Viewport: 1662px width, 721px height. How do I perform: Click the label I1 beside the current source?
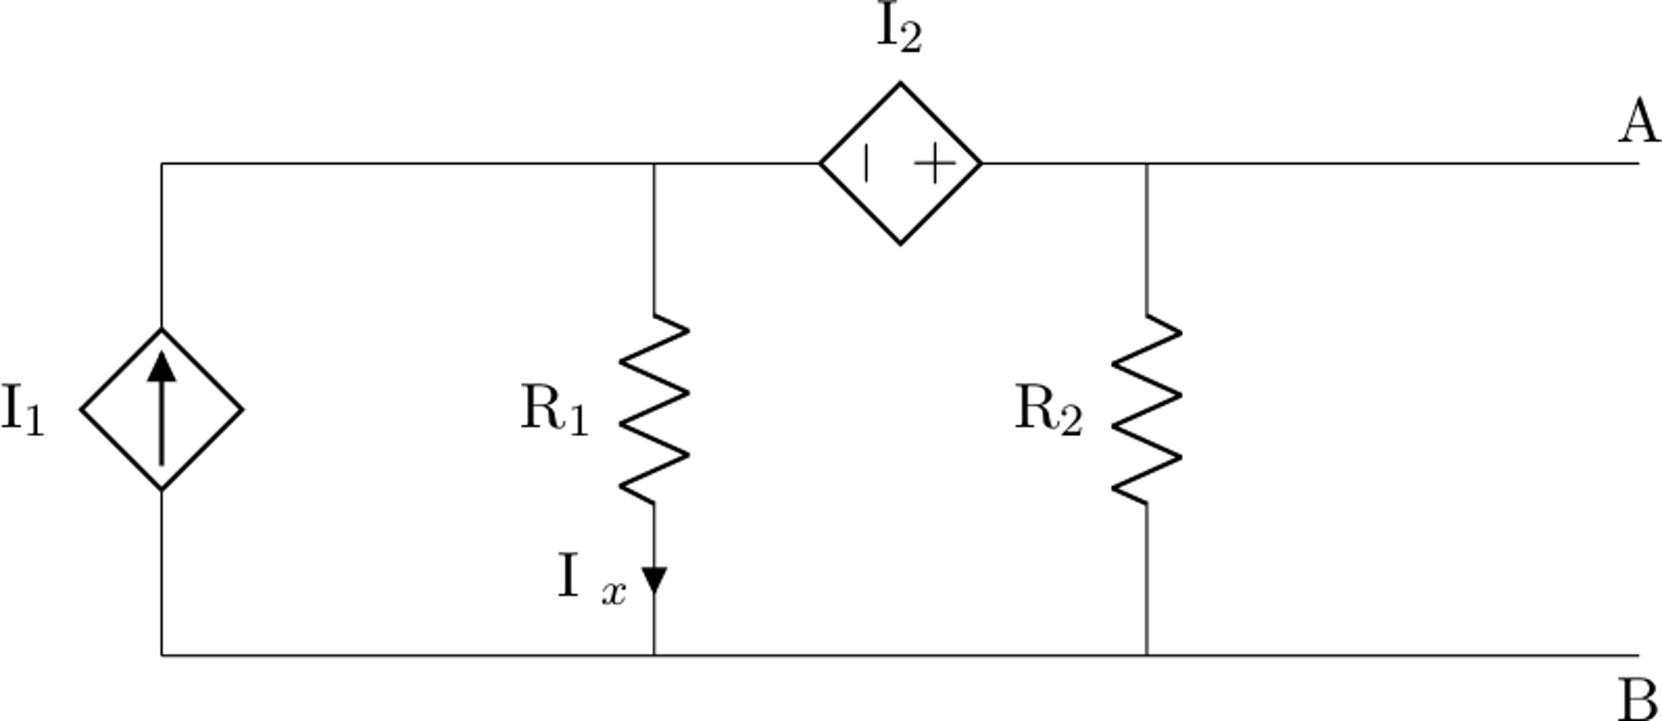point(22,410)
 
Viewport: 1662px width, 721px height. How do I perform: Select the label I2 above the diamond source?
point(899,30)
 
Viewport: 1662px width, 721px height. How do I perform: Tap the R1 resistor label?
point(554,409)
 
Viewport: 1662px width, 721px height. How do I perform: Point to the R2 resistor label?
point(1048,410)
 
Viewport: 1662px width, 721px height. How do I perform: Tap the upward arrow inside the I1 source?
point(162,406)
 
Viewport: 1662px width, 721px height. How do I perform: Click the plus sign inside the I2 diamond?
point(935,165)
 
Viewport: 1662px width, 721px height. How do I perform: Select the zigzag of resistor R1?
point(655,408)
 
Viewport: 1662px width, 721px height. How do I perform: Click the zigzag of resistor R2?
point(1146,408)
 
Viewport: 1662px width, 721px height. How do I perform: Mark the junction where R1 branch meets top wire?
point(654,163)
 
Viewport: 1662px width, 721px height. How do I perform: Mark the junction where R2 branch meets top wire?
point(1146,163)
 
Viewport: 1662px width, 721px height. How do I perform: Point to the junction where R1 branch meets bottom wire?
point(654,654)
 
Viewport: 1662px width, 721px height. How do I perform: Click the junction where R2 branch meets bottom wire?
point(1146,654)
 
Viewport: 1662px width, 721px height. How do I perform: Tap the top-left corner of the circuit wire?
point(162,163)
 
